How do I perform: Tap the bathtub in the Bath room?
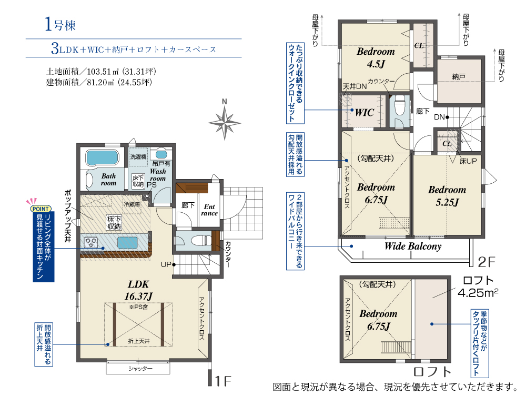coord(103,157)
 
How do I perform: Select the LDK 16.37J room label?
coord(138,290)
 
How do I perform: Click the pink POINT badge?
coord(41,209)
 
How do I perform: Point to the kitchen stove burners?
coord(91,242)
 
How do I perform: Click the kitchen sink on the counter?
coord(127,242)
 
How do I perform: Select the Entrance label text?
coord(209,210)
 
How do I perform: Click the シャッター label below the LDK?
coord(140,369)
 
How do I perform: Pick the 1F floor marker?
coord(222,381)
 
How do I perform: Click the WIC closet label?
coord(365,113)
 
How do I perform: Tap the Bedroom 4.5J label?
coord(376,58)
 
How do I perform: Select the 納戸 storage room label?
coord(459,77)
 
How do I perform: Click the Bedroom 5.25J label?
coord(447,196)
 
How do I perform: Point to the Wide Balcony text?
coord(413,246)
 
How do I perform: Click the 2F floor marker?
coord(487,262)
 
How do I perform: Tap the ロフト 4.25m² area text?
coord(478,287)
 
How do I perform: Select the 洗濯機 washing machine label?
coord(138,157)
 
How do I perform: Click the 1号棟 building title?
coord(60,24)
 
